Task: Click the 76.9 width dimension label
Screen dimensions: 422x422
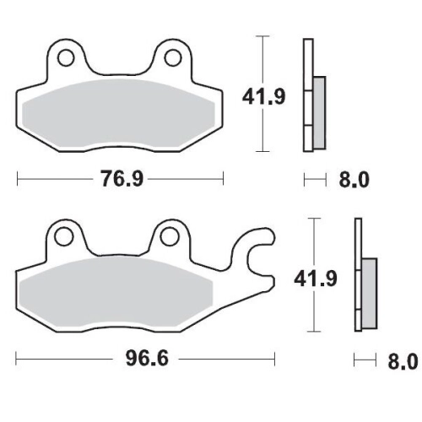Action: (122, 179)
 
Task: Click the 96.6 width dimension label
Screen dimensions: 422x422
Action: (147, 359)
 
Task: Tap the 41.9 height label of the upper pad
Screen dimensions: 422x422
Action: (263, 96)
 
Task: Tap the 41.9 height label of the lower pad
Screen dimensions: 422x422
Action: (316, 279)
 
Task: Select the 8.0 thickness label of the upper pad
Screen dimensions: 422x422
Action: (354, 180)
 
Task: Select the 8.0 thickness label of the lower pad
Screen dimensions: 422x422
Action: (403, 361)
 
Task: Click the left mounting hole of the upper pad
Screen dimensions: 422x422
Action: (66, 57)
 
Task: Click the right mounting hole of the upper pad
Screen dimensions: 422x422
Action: (173, 57)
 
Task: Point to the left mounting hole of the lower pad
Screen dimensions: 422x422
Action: (63, 237)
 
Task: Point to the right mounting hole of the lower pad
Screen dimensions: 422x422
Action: (169, 237)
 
